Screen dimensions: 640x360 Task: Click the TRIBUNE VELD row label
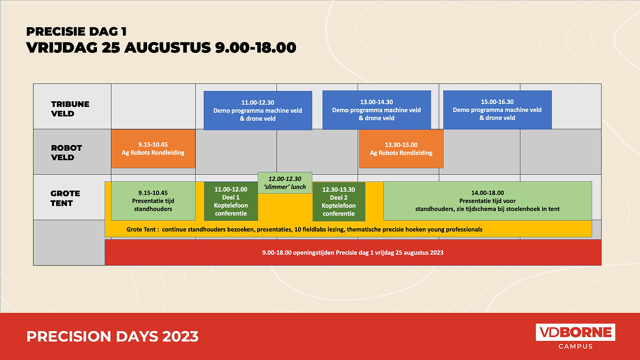[70, 109]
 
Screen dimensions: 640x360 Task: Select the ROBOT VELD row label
[66, 153]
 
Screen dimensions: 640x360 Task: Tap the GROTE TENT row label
[65, 198]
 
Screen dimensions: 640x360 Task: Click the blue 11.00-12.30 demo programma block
[258, 111]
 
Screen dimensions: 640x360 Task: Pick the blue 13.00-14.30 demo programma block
[376, 110]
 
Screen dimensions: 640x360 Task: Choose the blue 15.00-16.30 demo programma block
[497, 110]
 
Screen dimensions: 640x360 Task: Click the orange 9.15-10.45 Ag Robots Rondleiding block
[153, 148]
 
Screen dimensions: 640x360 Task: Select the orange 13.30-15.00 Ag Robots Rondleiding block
[401, 149]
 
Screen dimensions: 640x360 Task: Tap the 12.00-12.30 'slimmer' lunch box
[285, 183]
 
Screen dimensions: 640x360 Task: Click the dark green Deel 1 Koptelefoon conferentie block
[231, 201]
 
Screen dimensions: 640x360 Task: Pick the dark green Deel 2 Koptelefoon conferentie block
[339, 201]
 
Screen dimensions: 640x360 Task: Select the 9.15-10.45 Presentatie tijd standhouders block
[153, 201]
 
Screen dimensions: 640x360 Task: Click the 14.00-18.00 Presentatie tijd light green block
[488, 201]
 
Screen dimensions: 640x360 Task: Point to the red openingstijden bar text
[353, 253]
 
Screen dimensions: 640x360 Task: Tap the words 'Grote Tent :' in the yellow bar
[143, 230]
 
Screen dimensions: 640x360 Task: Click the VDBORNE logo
[576, 332]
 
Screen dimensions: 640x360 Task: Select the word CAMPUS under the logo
[576, 346]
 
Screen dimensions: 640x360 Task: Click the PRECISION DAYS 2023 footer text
[112, 336]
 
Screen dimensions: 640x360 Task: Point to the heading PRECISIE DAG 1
[76, 32]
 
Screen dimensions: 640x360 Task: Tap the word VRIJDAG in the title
[62, 47]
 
